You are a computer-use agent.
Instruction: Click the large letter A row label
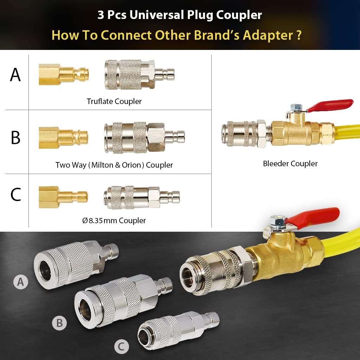point(15,75)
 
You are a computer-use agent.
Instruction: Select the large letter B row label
point(15,137)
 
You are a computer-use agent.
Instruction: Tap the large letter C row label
point(15,194)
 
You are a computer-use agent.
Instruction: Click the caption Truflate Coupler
point(114,101)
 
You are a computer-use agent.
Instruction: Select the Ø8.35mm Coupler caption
point(114,220)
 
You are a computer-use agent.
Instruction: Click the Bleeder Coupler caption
point(290,163)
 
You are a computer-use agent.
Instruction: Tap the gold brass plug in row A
point(64,75)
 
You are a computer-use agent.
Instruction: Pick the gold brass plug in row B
point(63,137)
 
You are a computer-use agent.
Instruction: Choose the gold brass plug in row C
point(63,197)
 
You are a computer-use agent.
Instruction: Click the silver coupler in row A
point(139,75)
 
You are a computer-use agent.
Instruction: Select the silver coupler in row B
point(144,138)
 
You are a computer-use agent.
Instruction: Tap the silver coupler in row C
point(142,197)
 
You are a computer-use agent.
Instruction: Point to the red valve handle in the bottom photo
point(313,218)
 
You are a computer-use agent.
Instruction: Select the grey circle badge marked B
point(59,323)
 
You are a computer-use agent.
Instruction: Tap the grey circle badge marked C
point(121,346)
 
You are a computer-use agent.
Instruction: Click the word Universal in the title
point(157,15)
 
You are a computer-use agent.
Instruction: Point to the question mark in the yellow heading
point(298,35)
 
